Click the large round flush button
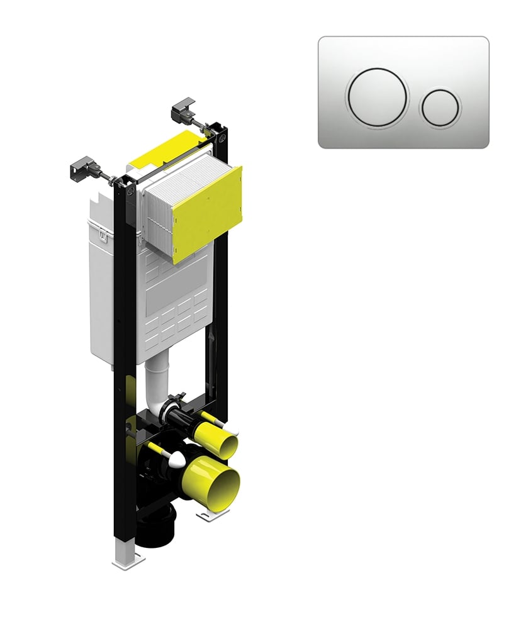377,97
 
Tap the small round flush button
440,107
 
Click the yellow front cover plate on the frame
208,214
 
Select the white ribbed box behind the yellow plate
160,211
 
